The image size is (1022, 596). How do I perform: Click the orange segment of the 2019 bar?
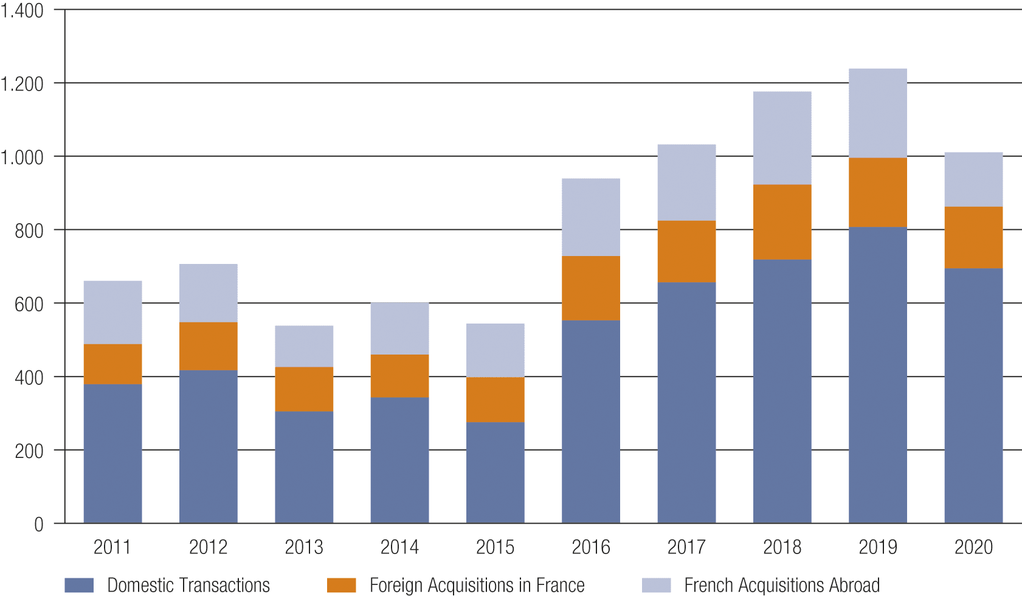tap(877, 192)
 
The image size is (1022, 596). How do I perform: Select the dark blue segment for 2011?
tap(112, 453)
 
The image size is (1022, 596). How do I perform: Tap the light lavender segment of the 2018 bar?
tap(782, 138)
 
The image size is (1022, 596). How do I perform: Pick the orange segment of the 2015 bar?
tap(495, 400)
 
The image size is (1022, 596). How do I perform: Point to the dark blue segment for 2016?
tap(590, 421)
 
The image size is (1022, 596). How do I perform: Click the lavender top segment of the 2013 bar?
tap(304, 346)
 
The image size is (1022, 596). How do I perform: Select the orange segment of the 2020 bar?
tap(973, 237)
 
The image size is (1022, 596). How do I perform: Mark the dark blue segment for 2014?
tap(399, 460)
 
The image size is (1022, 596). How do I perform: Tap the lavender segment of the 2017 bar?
tap(686, 182)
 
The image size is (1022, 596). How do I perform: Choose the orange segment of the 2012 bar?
tap(208, 346)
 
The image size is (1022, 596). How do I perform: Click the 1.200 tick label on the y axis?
tap(22, 84)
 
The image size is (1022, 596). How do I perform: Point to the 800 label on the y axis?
tap(29, 231)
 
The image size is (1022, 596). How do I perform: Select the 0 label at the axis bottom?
tap(38, 525)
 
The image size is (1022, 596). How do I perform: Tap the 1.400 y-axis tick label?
tap(22, 11)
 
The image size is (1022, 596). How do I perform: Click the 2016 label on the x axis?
tap(590, 547)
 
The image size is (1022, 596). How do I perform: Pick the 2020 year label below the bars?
tap(973, 547)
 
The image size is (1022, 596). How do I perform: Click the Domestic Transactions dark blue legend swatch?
tap(79, 585)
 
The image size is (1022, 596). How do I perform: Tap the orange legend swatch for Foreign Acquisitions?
tap(341, 585)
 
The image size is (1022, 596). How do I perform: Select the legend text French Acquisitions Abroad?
tap(781, 585)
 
